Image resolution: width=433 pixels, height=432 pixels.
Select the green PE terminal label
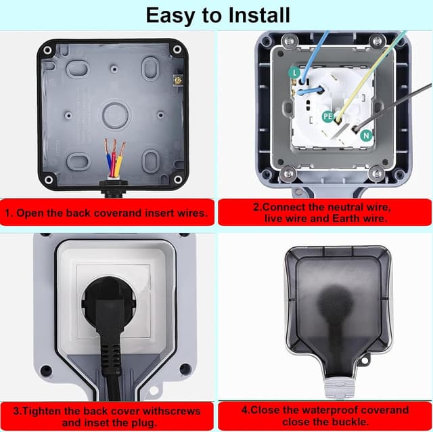coord(328,116)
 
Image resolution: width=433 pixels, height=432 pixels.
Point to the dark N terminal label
coord(366,135)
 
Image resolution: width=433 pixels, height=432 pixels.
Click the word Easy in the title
coord(169,14)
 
